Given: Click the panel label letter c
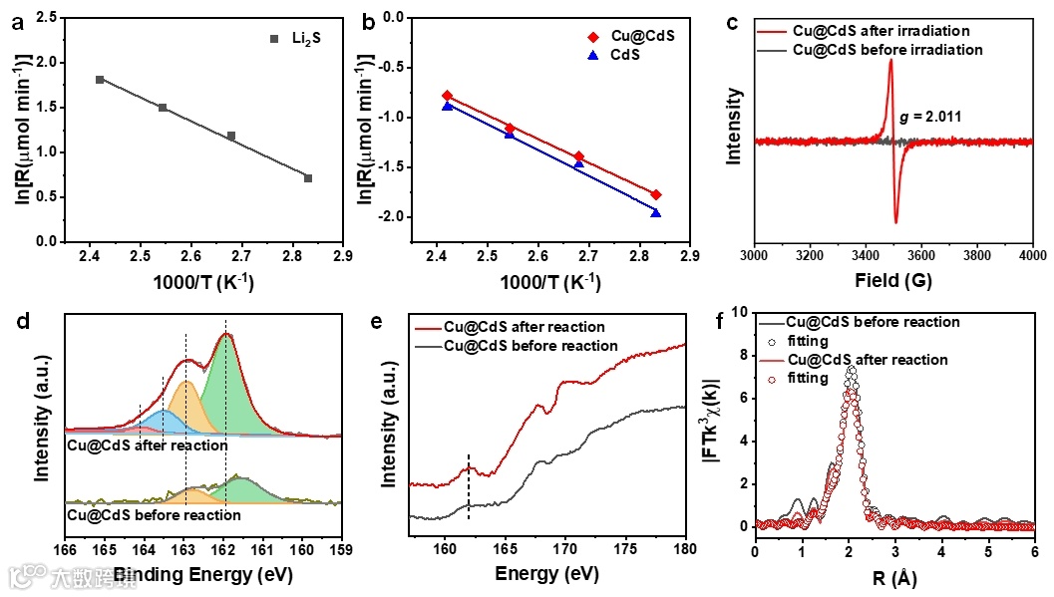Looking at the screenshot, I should [x=732, y=21].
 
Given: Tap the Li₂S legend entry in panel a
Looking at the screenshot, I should [x=293, y=39].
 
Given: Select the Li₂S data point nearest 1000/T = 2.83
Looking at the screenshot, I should [x=308, y=178].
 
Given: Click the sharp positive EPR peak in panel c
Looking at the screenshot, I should [x=889, y=62].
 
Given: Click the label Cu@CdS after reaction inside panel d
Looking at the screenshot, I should [x=147, y=446].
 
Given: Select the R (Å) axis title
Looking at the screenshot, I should [x=893, y=577].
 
